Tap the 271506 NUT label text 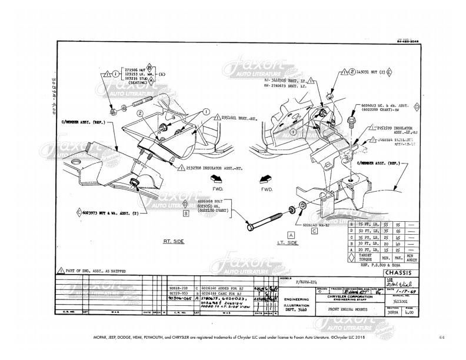(132, 69)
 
